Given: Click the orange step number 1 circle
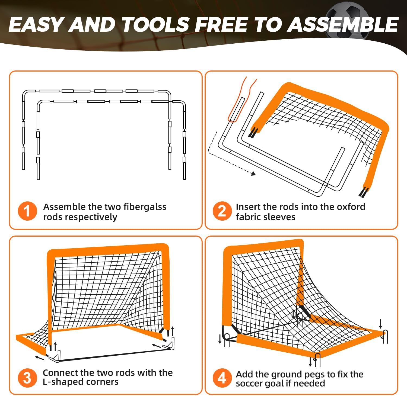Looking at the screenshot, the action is pyautogui.click(x=27, y=211).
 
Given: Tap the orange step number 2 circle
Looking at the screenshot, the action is pyautogui.click(x=222, y=211).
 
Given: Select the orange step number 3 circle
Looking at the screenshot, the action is pyautogui.click(x=27, y=378).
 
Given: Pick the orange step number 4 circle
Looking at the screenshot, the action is pyautogui.click(x=222, y=378).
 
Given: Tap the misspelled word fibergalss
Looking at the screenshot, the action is pyautogui.click(x=145, y=207).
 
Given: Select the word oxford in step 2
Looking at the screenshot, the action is pyautogui.click(x=351, y=207).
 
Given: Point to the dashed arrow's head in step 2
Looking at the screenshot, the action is pyautogui.click(x=253, y=173).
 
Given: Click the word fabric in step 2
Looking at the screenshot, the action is pyautogui.click(x=249, y=217).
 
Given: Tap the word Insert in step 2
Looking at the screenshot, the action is pyautogui.click(x=248, y=207).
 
